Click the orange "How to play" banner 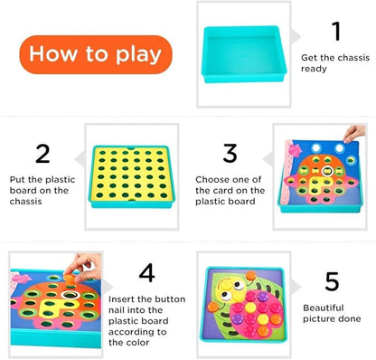click(96, 54)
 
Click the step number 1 click(336, 31)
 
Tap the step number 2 click(42, 154)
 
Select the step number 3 click(230, 153)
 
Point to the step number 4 click(147, 272)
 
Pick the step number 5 click(332, 281)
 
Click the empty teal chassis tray click(243, 54)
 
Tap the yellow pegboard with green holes click(132, 176)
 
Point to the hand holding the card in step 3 click(354, 134)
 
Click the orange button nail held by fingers click(69, 278)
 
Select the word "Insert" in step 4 click(120, 299)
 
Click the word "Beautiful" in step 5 click(324, 308)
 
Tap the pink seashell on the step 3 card click(295, 150)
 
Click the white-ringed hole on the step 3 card click(327, 171)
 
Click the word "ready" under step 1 click(314, 69)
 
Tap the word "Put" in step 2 click(17, 179)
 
